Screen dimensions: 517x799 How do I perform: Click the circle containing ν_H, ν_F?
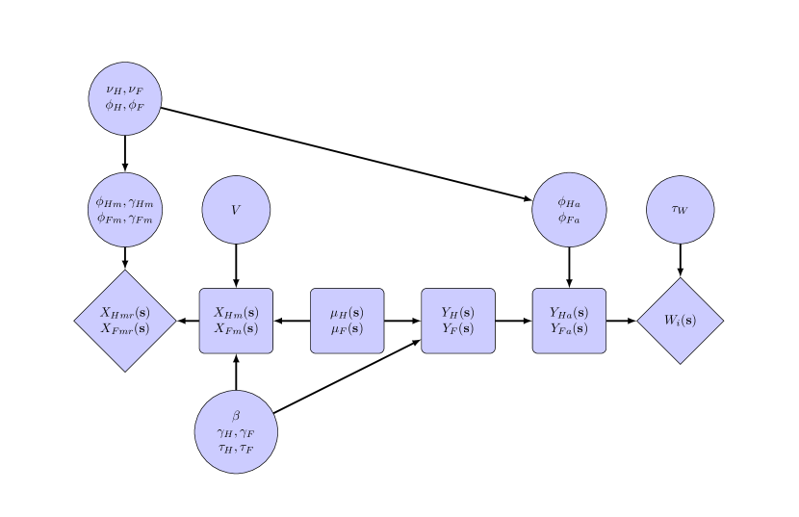click(x=125, y=98)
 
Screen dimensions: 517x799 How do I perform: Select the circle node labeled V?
click(x=236, y=210)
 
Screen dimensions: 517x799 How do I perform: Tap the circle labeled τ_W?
click(x=680, y=210)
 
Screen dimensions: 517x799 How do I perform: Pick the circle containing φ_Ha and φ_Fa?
click(x=569, y=210)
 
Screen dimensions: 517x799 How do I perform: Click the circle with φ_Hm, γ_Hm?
click(x=125, y=210)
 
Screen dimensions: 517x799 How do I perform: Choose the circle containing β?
click(x=236, y=432)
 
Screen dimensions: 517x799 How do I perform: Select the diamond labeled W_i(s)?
click(x=680, y=321)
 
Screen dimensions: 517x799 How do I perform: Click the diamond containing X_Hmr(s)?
click(x=125, y=321)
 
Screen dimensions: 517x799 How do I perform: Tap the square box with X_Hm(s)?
click(x=236, y=321)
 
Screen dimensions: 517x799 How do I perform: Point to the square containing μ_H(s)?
click(x=347, y=321)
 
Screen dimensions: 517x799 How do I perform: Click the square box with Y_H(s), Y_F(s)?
click(x=458, y=321)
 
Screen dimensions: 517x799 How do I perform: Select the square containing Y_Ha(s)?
click(x=569, y=321)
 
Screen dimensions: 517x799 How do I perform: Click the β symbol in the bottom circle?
click(x=236, y=416)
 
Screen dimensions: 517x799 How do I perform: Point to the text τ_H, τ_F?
click(x=236, y=449)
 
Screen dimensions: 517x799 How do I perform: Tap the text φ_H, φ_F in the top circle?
click(x=125, y=106)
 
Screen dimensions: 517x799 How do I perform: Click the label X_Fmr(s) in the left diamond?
click(x=125, y=328)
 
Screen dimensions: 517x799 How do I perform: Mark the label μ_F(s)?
click(x=347, y=328)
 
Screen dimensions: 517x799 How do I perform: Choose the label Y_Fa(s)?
click(x=569, y=328)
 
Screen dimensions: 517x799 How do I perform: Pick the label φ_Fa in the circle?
click(x=569, y=218)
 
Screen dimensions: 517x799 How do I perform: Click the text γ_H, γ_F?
click(x=236, y=433)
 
